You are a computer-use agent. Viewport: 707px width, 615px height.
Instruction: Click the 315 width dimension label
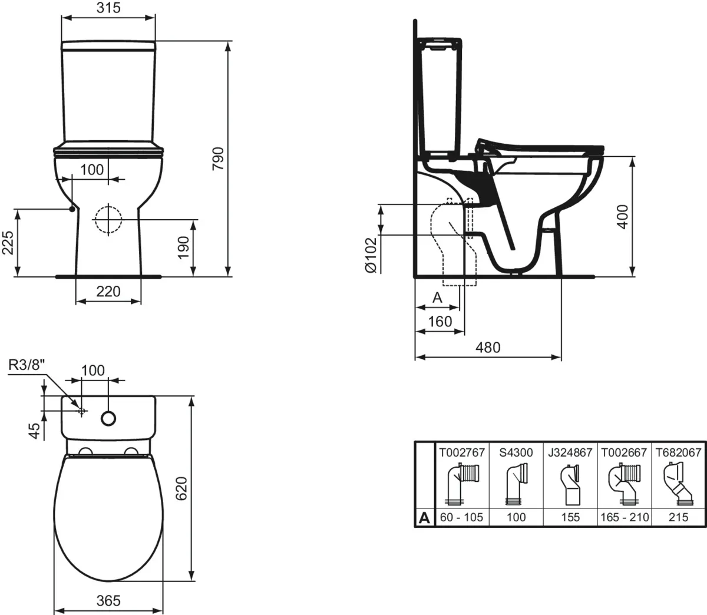108,8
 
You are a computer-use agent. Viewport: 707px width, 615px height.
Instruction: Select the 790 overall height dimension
219,158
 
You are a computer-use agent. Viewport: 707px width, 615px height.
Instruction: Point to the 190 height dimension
183,247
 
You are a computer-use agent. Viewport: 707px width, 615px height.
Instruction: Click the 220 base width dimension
108,291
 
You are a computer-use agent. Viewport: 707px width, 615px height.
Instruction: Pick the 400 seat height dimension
623,217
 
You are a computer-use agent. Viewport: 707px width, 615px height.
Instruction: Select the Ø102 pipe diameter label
370,254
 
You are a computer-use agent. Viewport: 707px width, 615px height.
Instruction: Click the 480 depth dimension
488,348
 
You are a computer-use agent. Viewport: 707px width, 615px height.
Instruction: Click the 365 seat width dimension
108,600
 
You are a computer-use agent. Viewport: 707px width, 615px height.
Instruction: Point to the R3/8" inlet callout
27,365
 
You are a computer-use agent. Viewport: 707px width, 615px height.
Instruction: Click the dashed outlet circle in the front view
108,220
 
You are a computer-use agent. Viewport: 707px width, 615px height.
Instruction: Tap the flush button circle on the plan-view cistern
108,418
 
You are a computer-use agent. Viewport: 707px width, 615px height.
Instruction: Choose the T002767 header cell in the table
462,452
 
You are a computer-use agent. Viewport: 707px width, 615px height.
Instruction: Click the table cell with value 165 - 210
625,517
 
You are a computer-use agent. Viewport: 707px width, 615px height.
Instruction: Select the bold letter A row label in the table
424,518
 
